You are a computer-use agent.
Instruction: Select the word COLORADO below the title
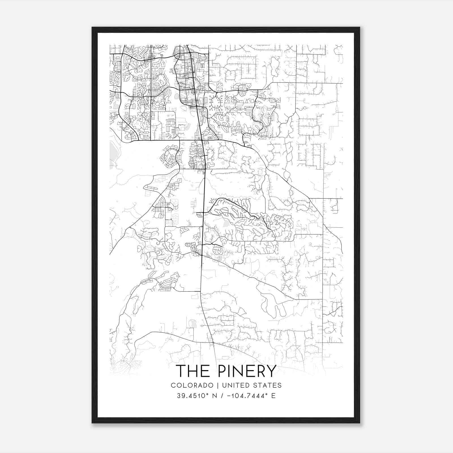click(x=192, y=385)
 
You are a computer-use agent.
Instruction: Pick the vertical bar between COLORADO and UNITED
click(x=218, y=385)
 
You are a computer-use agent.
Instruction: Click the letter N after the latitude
click(x=215, y=396)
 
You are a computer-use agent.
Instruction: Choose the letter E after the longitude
click(x=273, y=396)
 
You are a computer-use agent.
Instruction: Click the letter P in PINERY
click(x=222, y=371)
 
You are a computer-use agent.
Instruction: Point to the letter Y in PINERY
click(x=271, y=371)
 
